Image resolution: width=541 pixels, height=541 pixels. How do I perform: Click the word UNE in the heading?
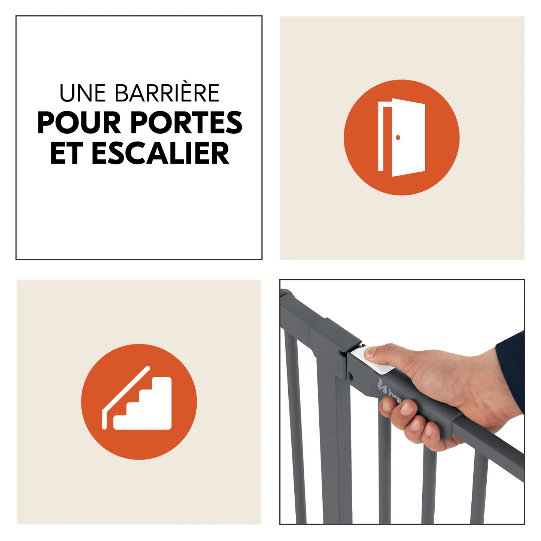(x=83, y=93)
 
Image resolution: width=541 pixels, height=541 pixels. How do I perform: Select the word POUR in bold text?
(x=79, y=122)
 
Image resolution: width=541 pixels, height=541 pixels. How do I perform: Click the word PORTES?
(x=186, y=122)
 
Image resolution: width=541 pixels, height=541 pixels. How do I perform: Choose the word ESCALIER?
(x=160, y=153)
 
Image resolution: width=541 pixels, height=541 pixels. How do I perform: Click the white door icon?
(x=401, y=137)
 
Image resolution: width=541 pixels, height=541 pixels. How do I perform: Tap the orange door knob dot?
(x=398, y=137)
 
